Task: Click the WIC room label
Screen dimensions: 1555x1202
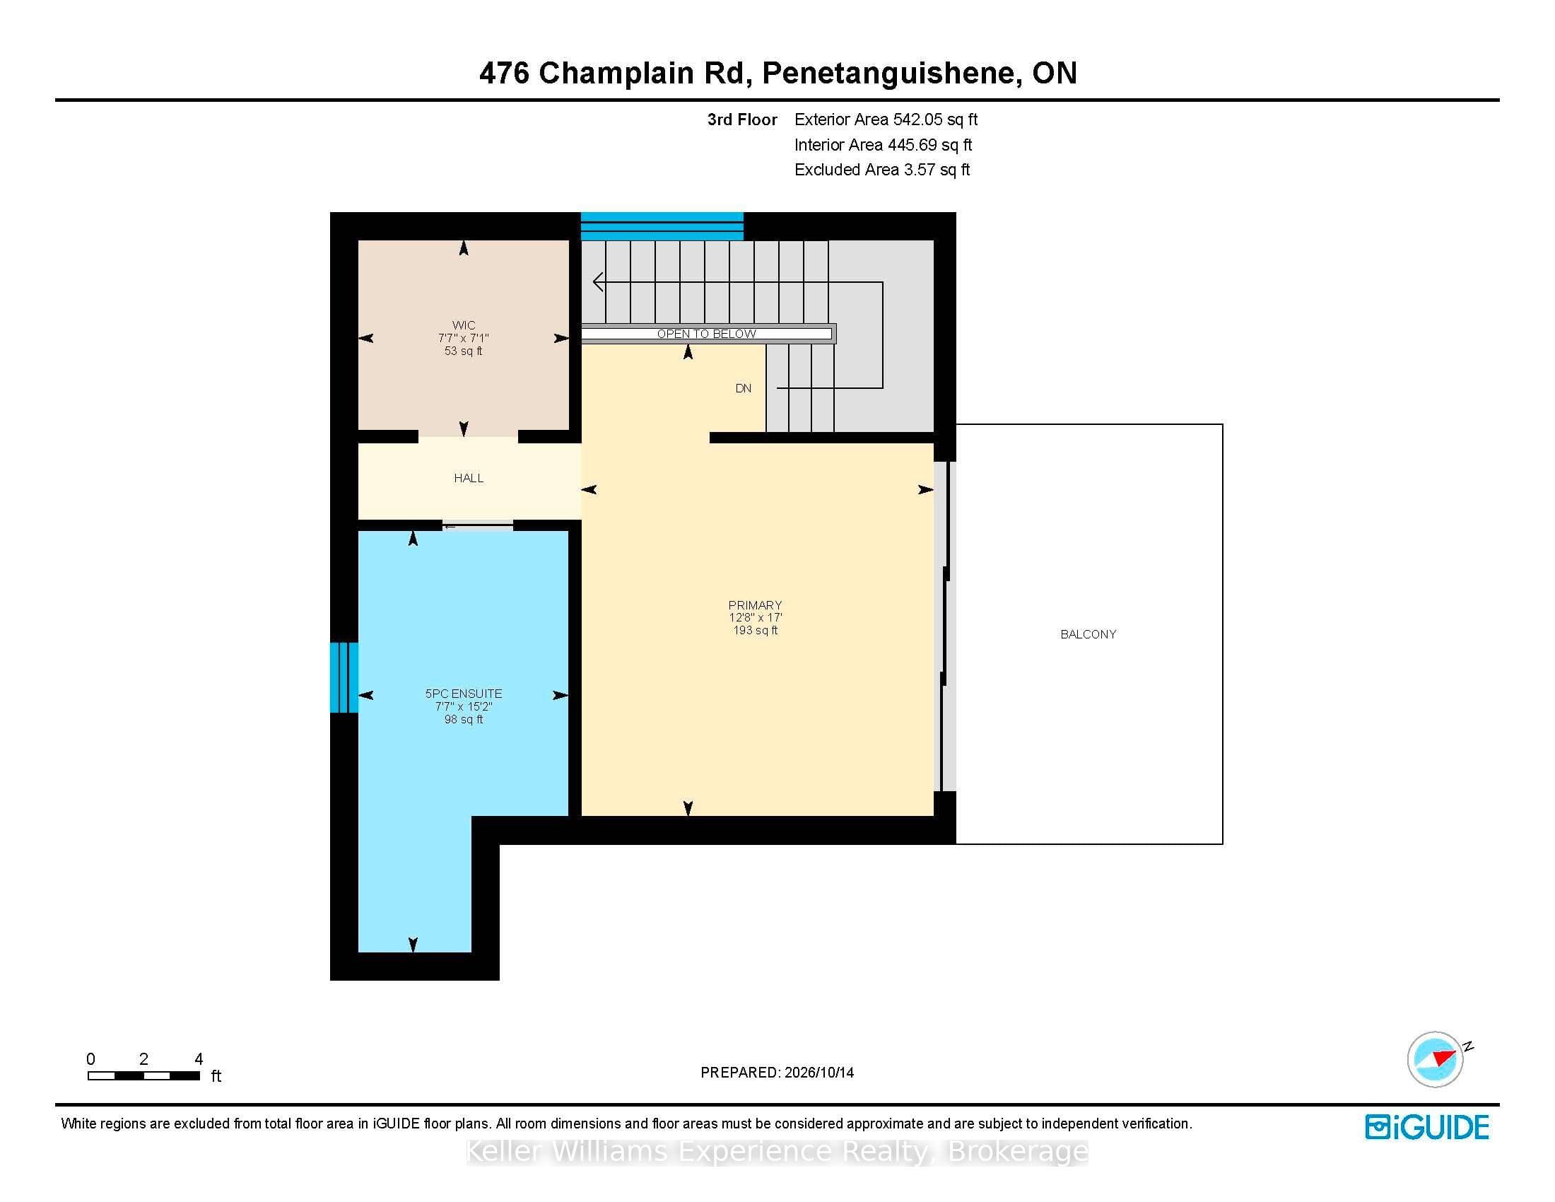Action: click(464, 325)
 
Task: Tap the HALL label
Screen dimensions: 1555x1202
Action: click(469, 478)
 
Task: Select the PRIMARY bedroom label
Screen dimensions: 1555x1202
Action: click(755, 605)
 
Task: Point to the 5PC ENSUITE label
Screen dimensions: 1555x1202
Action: click(464, 694)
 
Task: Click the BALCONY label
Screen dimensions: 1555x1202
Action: click(1088, 634)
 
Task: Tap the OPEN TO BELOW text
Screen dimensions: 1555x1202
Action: click(706, 334)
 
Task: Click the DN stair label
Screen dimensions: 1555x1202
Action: click(744, 388)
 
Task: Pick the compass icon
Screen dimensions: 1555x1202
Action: click(1436, 1059)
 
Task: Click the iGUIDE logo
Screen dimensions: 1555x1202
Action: click(1427, 1127)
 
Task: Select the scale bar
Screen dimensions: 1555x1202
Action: click(143, 1075)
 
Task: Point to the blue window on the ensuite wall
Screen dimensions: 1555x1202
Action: click(344, 678)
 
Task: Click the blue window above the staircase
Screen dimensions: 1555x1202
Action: click(662, 226)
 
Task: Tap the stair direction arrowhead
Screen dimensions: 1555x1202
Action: click(598, 283)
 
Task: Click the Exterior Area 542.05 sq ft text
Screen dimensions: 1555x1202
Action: click(886, 119)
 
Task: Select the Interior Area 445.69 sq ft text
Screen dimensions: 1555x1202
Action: click(883, 145)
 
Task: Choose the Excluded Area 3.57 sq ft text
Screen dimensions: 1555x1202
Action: click(882, 170)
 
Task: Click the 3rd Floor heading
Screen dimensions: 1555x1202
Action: click(742, 119)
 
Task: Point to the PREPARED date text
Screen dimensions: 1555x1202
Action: click(777, 1073)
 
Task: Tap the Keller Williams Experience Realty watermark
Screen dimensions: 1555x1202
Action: click(777, 1151)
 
